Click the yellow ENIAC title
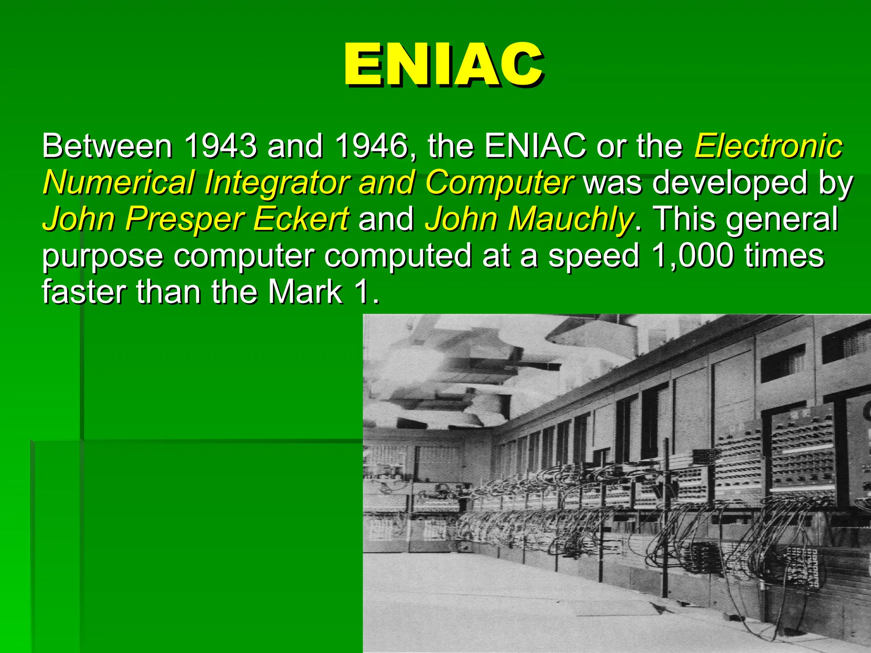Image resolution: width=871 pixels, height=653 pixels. [443, 65]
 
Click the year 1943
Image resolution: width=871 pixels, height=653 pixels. [220, 146]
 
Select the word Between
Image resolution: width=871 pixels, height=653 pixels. [107, 146]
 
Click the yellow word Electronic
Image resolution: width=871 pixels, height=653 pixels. [768, 146]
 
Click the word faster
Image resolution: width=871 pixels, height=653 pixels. [84, 292]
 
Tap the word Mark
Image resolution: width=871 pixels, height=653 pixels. [305, 292]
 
